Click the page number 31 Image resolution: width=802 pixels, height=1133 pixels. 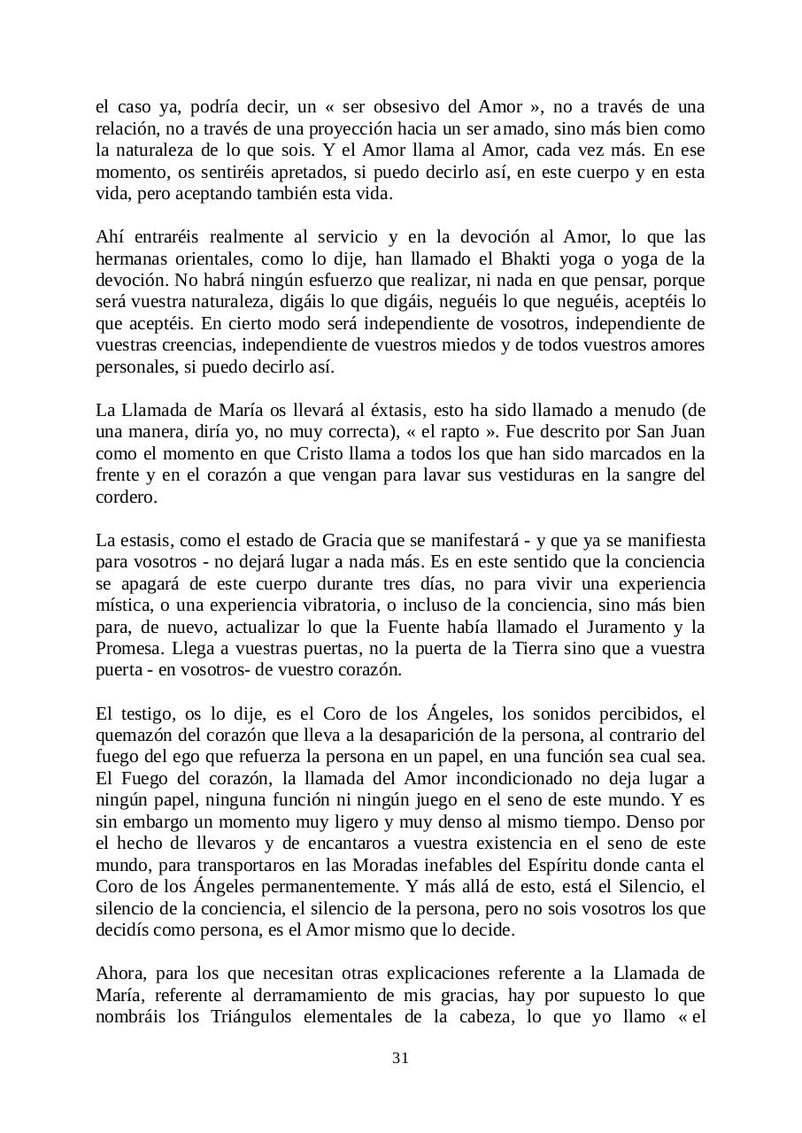400,1058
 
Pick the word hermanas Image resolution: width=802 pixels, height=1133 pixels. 130,258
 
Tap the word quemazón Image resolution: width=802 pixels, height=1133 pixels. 136,735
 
